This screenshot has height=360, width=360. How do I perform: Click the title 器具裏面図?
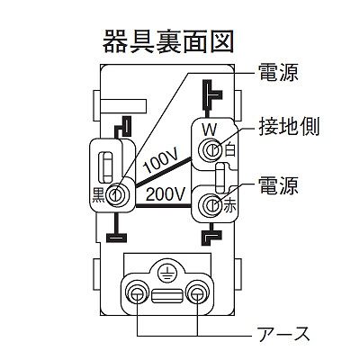click(168, 41)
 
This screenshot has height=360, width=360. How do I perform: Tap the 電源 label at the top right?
click(278, 72)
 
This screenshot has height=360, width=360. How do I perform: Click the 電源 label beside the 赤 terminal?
click(278, 186)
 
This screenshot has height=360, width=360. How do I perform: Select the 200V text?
click(165, 195)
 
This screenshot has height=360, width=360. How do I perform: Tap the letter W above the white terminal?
click(209, 130)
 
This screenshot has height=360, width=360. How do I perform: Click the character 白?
click(229, 149)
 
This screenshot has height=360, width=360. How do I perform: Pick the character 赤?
click(229, 208)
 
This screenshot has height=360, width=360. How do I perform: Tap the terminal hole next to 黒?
click(116, 195)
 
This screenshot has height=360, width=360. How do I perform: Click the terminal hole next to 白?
click(211, 149)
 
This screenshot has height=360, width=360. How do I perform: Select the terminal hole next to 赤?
click(211, 205)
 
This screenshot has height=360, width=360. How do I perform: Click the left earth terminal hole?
click(137, 292)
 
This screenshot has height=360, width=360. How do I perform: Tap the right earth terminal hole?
click(197, 292)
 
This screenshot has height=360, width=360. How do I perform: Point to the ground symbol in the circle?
click(166, 274)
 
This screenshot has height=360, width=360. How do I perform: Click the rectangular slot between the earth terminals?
click(166, 296)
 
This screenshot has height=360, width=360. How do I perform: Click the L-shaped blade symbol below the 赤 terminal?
click(211, 237)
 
